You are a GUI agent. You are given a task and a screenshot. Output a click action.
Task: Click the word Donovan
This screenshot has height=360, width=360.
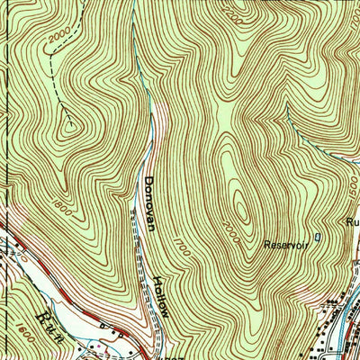click(x=149, y=203)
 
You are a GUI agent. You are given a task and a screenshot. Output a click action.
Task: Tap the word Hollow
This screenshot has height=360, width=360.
click(x=163, y=295)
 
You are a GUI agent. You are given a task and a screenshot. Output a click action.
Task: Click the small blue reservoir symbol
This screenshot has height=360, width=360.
click(x=317, y=238)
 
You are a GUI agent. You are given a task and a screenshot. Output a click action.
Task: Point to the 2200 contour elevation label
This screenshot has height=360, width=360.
click(x=236, y=15)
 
